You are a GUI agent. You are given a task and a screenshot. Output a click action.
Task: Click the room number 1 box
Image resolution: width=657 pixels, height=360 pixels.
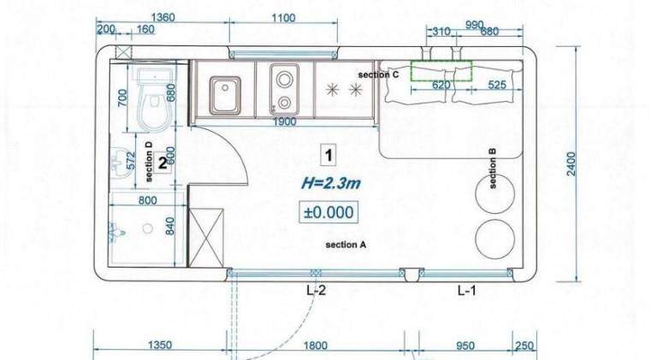[x=328, y=155]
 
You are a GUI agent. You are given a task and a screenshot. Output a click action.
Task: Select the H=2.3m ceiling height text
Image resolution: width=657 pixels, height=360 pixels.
[x=328, y=182]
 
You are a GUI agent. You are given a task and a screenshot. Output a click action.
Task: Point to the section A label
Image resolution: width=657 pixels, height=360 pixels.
[x=346, y=245]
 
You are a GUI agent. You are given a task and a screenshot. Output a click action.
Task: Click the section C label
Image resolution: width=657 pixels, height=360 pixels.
[x=379, y=75]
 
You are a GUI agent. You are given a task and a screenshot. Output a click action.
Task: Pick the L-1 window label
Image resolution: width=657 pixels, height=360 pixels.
[x=466, y=291]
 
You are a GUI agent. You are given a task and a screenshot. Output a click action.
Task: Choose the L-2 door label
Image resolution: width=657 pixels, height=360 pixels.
[x=316, y=291]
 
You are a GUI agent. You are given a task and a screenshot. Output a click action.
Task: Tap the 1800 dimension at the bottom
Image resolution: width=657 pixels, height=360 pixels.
[x=316, y=345]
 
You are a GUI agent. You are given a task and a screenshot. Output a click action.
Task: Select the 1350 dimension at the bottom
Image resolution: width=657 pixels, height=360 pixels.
[x=160, y=345]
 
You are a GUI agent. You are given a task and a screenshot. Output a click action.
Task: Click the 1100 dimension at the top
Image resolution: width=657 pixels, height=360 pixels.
[x=282, y=18]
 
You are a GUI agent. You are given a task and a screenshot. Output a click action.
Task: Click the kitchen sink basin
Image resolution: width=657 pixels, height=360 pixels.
[x=225, y=88]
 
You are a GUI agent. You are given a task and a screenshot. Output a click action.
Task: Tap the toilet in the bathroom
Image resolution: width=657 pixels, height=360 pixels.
[x=153, y=99]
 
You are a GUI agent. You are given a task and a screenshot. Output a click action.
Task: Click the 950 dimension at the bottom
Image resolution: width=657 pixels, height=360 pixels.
[x=465, y=345]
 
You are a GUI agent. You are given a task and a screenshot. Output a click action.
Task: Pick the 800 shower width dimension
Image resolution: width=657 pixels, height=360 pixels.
[x=147, y=201]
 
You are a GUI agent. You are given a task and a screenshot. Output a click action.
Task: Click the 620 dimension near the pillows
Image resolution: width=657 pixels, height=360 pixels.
[x=441, y=86]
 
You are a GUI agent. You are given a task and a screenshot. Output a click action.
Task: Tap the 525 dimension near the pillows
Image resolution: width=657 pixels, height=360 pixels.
[x=497, y=86]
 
